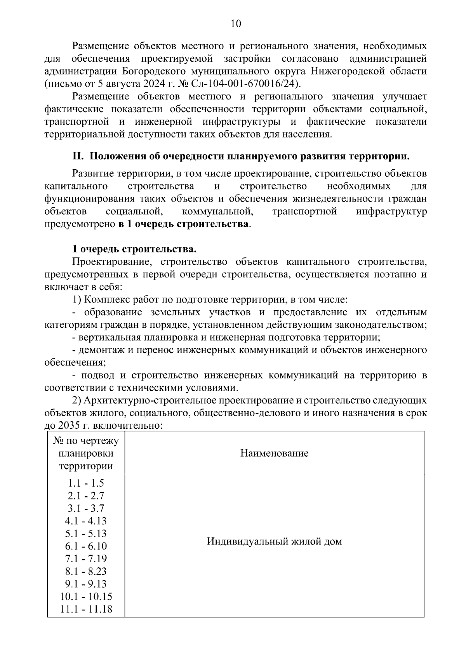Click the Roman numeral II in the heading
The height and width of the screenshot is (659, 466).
click(x=78, y=156)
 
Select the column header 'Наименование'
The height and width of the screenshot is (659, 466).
click(x=274, y=453)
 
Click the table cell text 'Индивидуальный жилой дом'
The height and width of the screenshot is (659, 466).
click(x=274, y=541)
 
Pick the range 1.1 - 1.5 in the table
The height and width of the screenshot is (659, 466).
click(x=86, y=483)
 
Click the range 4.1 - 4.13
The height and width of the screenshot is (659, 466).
click(x=86, y=521)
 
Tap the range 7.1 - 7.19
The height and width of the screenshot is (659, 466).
click(x=86, y=559)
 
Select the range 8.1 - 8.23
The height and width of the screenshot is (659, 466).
click(x=86, y=572)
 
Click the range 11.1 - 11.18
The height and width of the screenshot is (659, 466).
click(x=86, y=609)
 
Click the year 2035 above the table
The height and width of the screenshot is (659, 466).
click(x=68, y=425)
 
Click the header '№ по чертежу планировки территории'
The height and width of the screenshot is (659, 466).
click(x=86, y=453)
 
